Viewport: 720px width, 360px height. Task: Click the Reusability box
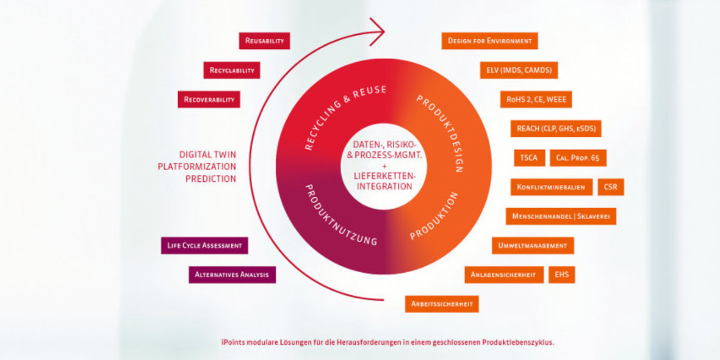pos(264,41)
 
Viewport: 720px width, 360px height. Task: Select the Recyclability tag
pos(232,70)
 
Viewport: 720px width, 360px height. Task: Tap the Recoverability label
pos(209,99)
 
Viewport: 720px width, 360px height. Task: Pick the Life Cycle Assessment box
pos(204,245)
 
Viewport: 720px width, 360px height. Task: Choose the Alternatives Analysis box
pos(232,275)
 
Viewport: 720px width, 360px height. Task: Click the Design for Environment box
pos(489,41)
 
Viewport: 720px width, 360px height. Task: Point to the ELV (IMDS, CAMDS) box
pos(519,70)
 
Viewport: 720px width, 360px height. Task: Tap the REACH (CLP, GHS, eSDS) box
pos(555,129)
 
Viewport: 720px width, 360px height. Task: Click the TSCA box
pos(529,158)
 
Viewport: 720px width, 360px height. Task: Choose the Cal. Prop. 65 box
pos(578,158)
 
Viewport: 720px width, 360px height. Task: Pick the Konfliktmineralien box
pos(551,187)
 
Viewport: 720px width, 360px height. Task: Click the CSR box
pos(610,187)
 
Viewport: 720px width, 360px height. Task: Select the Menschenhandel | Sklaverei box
pos(561,216)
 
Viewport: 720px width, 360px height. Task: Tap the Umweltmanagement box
pos(533,245)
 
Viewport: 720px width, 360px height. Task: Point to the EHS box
pos(561,275)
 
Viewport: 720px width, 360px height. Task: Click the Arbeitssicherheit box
pos(442,304)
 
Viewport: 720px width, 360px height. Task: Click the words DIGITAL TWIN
pos(207,154)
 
